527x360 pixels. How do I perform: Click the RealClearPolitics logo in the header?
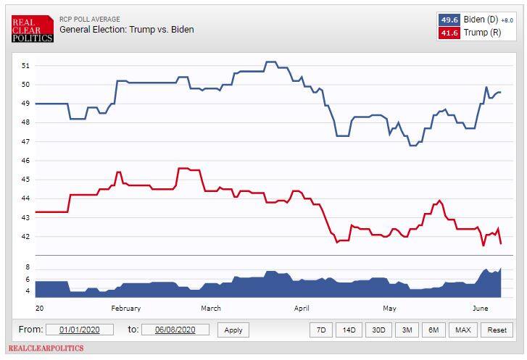[x=33, y=28]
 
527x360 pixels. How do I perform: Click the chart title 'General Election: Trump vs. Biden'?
[x=126, y=30]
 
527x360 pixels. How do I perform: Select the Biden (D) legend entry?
[x=476, y=20]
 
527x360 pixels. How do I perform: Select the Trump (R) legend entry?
[x=476, y=33]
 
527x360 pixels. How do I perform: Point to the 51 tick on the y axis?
[x=25, y=65]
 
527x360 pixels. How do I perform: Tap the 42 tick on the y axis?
[x=25, y=236]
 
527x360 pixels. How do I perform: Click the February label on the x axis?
[x=125, y=308]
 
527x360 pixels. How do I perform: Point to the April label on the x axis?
[x=302, y=308]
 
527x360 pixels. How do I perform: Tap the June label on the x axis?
[x=480, y=308]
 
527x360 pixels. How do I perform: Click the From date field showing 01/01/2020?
[x=80, y=330]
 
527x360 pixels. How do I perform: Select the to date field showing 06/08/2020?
[x=175, y=330]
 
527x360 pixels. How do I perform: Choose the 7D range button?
[x=320, y=330]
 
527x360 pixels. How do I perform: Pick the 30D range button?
[x=378, y=330]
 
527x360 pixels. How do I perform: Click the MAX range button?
[x=462, y=330]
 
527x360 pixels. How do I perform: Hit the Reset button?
[x=497, y=330]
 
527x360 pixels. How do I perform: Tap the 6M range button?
[x=433, y=330]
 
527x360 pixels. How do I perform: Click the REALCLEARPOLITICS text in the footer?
[x=47, y=348]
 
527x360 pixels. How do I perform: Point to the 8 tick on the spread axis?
[x=28, y=268]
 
